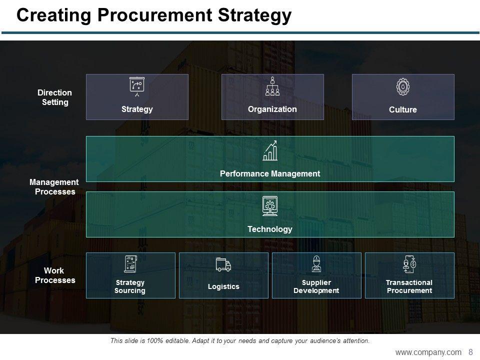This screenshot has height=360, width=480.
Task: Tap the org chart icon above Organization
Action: [272, 86]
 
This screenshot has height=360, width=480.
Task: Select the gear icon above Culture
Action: [402, 86]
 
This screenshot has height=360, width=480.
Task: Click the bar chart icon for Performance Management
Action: [270, 151]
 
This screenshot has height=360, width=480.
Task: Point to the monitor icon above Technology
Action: [270, 206]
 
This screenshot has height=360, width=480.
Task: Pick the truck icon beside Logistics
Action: [223, 264]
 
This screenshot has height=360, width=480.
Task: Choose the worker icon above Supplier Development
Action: [316, 263]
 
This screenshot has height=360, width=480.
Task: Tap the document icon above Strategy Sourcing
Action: [130, 263]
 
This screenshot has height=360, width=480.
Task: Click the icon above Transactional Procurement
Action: [409, 263]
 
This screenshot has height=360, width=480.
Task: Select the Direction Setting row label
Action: [55, 97]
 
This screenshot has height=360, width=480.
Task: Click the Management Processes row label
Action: [54, 187]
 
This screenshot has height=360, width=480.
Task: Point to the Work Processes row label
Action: [55, 275]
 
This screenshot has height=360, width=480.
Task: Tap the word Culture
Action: [402, 110]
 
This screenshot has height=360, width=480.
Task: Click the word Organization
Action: [272, 109]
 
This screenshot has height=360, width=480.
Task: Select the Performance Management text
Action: [270, 174]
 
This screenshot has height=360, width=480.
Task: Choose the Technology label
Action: [270, 229]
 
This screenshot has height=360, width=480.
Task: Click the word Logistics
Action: [223, 286]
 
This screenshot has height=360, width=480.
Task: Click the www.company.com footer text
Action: [428, 352]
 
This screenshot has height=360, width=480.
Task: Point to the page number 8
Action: [470, 352]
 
